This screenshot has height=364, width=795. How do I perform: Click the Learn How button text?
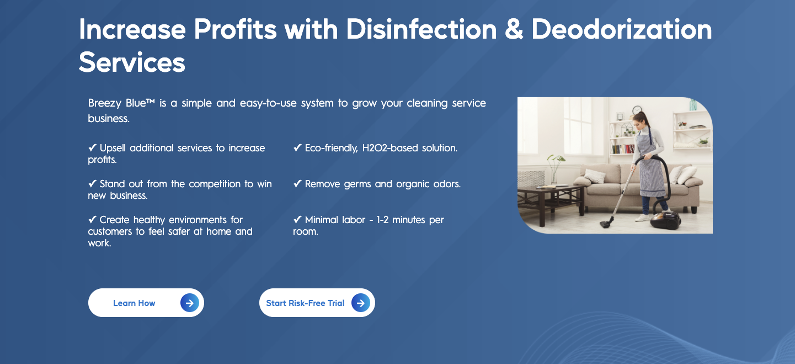(x=134, y=303)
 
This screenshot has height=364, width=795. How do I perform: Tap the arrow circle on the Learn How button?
(x=190, y=303)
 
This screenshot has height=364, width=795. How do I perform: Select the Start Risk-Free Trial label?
(x=305, y=303)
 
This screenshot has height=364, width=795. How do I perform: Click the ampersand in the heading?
(x=514, y=29)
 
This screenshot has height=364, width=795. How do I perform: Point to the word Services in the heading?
(x=132, y=62)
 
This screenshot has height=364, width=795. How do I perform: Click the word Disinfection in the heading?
(x=421, y=29)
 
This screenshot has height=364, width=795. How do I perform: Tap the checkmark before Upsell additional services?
(x=92, y=147)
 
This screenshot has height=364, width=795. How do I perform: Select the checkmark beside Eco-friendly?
(x=297, y=147)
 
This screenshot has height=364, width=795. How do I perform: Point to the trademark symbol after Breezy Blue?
(x=151, y=102)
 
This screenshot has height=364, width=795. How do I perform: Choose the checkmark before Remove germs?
(x=297, y=183)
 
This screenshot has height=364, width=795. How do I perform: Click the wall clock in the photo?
(x=637, y=110)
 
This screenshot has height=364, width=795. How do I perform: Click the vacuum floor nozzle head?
(x=606, y=223)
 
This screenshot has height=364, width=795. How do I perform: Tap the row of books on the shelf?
(x=623, y=149)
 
